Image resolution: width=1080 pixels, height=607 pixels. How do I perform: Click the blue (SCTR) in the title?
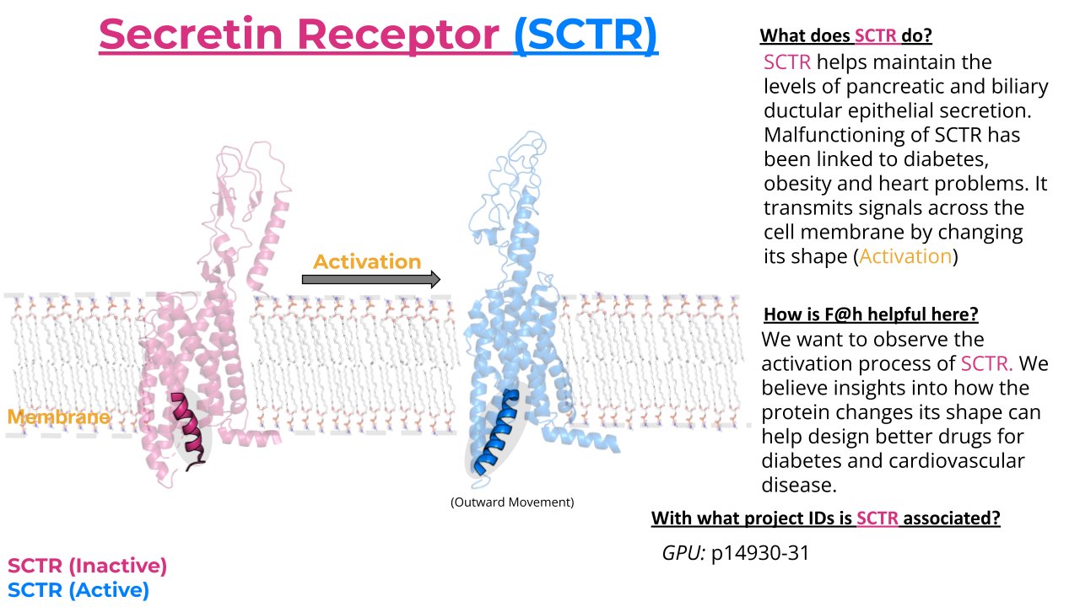coord(586,35)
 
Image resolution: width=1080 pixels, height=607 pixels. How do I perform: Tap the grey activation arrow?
coord(371,280)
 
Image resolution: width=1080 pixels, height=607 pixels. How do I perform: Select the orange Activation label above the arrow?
coord(367,261)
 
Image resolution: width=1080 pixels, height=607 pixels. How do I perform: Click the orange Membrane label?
coord(58,417)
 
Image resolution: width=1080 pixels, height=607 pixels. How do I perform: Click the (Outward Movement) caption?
coord(512,502)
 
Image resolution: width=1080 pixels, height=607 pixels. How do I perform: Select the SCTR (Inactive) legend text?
coord(87,565)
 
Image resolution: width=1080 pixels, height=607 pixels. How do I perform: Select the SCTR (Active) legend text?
coord(78,589)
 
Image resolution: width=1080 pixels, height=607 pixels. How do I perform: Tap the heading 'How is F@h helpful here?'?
coord(871,314)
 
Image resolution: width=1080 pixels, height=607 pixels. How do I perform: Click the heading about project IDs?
coord(825,518)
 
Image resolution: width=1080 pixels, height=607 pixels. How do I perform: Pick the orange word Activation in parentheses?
coord(906,257)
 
